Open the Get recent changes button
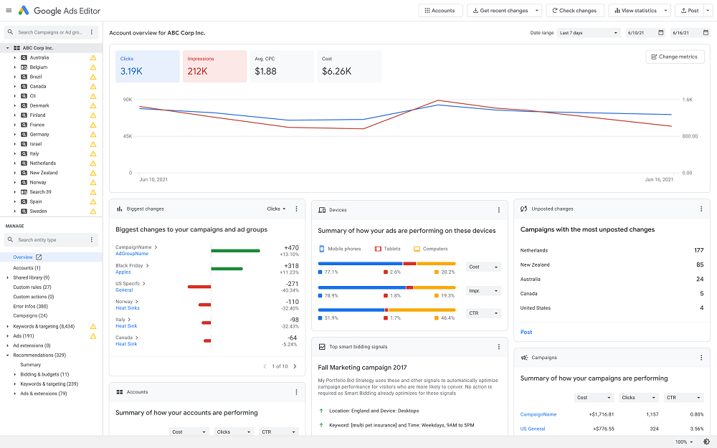[x=504, y=11]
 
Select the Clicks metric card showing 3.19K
[x=147, y=66]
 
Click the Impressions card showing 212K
[x=214, y=66]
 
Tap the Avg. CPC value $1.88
[x=265, y=71]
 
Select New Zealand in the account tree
[x=43, y=173]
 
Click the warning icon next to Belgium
[x=92, y=67]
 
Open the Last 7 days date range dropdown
[x=589, y=33]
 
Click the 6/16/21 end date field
[x=689, y=33]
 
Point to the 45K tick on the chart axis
[x=127, y=136]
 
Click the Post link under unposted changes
[x=526, y=332]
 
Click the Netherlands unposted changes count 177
[x=698, y=250]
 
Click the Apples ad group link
[x=123, y=272]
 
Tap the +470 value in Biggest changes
[x=290, y=247]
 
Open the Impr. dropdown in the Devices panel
[x=483, y=291]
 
